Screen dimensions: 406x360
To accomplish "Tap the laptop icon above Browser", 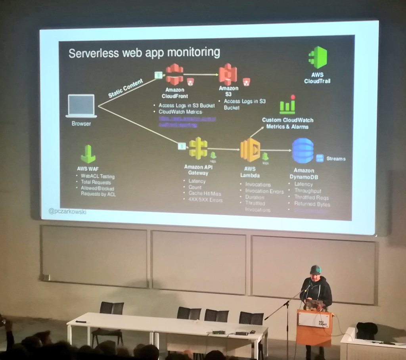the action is [81, 106].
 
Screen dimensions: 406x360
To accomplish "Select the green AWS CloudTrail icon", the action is [317, 57].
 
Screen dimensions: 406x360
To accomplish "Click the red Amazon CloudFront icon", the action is [174, 74].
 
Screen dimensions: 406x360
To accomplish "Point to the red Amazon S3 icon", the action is [228, 74].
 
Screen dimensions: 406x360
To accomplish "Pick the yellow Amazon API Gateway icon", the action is [198, 148].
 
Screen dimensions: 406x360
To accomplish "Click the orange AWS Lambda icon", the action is [250, 150].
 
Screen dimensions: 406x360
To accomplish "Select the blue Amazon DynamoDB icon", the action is [303, 151].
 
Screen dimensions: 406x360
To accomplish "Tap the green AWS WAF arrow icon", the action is [88, 154].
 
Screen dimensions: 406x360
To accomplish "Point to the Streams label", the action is [336, 159].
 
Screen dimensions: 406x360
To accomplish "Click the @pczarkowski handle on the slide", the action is [67, 212].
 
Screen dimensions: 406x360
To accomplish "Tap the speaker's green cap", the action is [315, 270].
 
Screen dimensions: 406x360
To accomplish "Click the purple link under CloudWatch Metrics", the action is [187, 121].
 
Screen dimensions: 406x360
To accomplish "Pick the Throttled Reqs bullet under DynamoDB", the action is [311, 197].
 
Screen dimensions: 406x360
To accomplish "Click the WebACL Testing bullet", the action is [98, 176].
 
